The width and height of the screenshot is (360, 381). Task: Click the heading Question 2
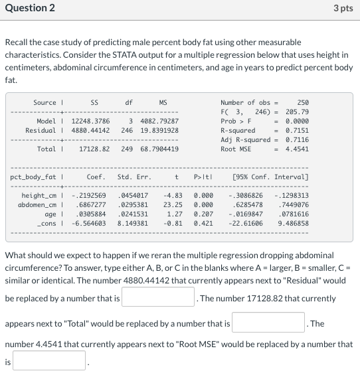(30, 8)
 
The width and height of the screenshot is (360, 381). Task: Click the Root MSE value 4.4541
(296, 149)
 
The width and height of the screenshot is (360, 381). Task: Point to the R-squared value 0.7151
(296, 131)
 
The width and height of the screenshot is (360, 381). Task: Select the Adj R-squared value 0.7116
(296, 140)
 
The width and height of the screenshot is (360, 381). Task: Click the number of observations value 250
(302, 103)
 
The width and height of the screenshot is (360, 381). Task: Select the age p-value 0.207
(203, 214)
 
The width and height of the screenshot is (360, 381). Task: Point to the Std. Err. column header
(134, 177)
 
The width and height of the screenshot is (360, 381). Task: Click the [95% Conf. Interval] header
(270, 177)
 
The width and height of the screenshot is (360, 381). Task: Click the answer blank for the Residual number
(157, 298)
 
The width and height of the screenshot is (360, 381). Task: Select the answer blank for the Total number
(268, 323)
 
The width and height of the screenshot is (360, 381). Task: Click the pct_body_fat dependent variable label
(33, 177)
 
